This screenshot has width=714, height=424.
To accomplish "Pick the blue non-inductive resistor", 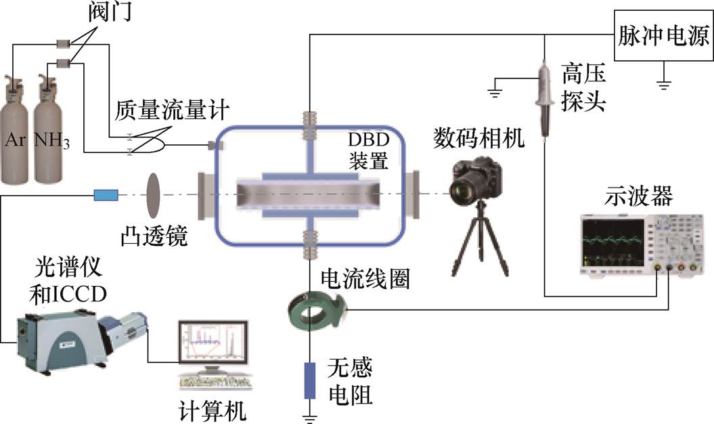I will pyautogui.click(x=310, y=380).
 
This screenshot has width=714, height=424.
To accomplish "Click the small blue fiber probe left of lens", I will pyautogui.click(x=106, y=196).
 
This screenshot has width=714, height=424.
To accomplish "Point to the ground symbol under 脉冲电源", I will pyautogui.click(x=666, y=84).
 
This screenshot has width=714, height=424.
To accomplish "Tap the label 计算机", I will pyautogui.click(x=212, y=410).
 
